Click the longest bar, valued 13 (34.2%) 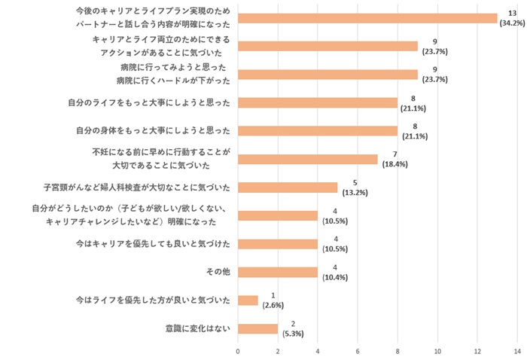pos(367,18)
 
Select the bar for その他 pos(278,272)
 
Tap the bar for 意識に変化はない pos(257,328)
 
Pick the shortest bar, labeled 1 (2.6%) pos(248,300)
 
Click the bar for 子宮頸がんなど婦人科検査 pos(288,188)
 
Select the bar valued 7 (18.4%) pos(307,159)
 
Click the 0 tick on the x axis pos(238,351)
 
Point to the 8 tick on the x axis pos(398,351)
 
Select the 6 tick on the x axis pos(358,351)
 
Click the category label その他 pos(218,272)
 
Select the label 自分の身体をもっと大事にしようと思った pos(153,131)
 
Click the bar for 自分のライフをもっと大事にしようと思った pos(317,102)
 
